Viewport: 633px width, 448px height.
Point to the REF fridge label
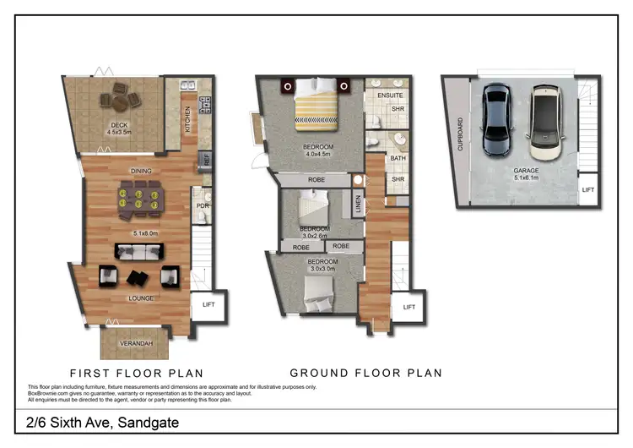(205, 158)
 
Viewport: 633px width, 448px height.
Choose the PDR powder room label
(203, 205)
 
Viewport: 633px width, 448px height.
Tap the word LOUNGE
(140, 298)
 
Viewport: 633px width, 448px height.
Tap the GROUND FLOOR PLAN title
(365, 373)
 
